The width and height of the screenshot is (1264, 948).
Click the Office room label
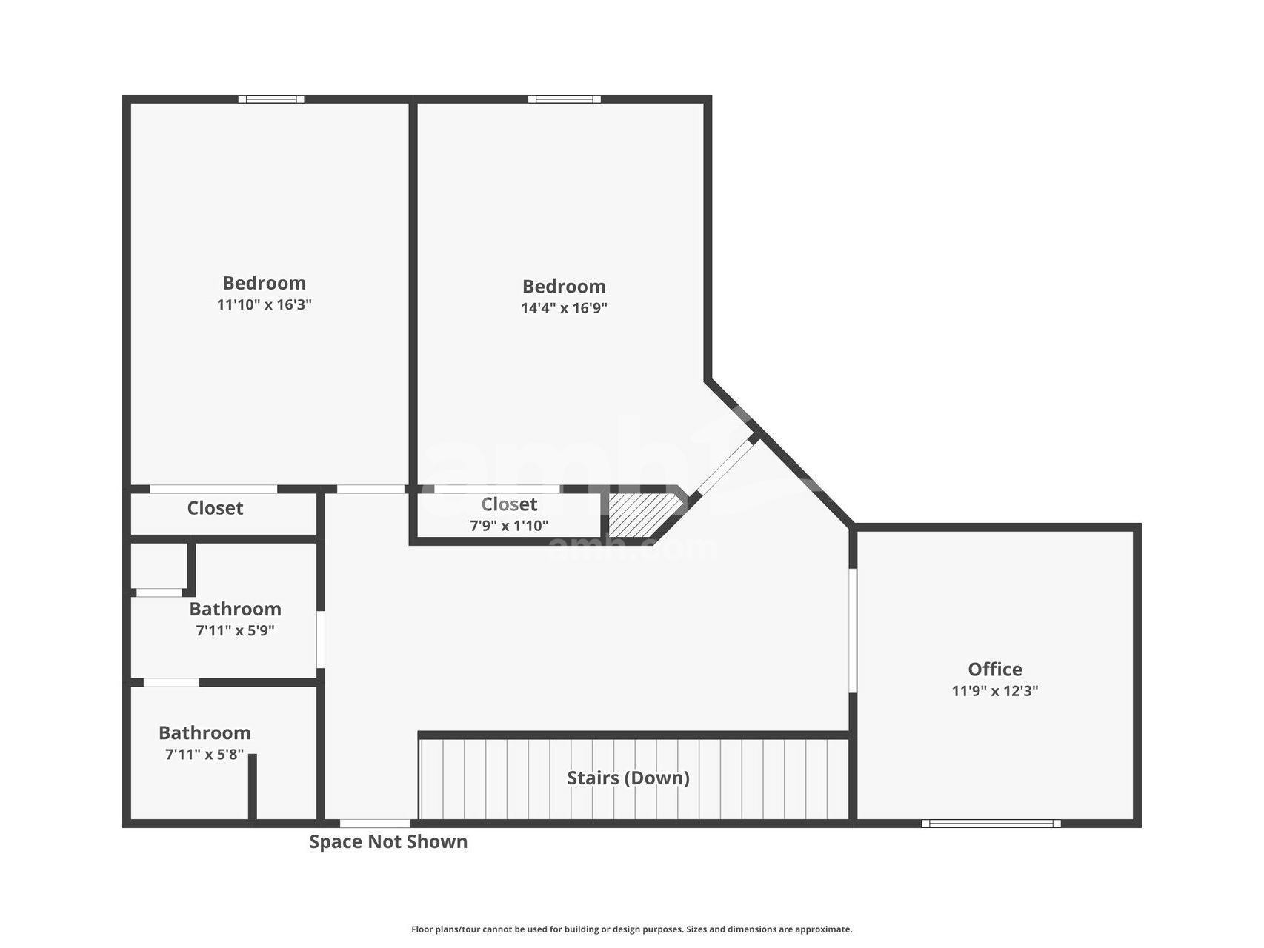994,669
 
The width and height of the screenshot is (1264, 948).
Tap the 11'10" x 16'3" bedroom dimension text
264,304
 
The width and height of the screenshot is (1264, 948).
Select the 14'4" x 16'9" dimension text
564,308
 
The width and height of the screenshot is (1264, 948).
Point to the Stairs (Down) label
628,778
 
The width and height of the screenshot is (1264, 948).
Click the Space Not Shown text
388,841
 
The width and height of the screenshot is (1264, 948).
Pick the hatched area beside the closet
639,514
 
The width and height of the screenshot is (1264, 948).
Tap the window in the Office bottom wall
991,823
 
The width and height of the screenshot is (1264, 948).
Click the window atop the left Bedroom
271,99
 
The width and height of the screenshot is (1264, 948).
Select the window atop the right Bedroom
564,99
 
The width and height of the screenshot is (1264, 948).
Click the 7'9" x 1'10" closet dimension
509,526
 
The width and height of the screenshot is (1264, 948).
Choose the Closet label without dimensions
215,508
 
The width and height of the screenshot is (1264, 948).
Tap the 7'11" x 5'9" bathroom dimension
235,631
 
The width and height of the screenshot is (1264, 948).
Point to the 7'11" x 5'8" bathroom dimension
204,755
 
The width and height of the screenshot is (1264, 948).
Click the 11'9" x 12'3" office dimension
994,691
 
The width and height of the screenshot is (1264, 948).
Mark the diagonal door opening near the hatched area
724,467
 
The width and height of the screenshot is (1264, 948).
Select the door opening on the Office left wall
853,630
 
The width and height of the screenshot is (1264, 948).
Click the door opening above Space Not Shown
375,823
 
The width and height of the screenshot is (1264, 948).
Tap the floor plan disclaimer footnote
631,929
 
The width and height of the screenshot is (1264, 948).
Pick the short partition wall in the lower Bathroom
252,787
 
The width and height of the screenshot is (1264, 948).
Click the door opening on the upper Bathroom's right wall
321,639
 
